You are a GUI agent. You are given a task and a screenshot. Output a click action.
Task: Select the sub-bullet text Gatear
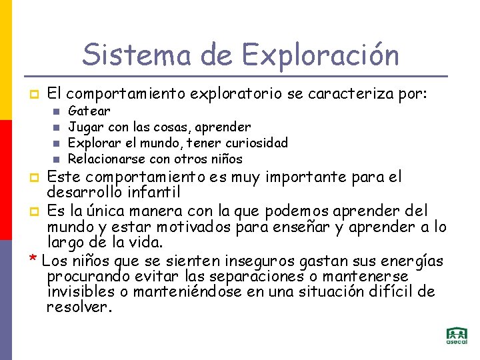89,111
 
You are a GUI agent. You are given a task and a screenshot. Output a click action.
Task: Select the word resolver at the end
78,307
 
